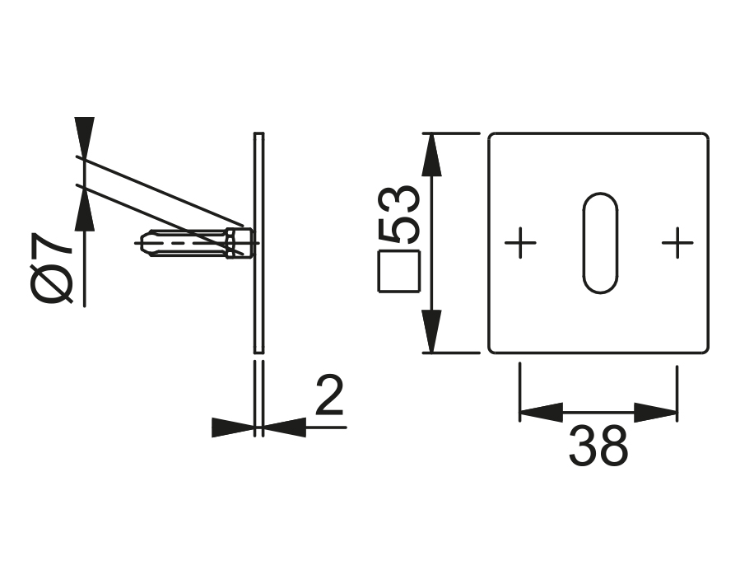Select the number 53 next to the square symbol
[x=402, y=215]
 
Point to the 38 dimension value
[x=598, y=447]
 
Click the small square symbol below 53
[x=399, y=271]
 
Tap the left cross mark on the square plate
[x=520, y=243]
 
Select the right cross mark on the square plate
[x=677, y=243]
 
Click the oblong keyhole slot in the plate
[x=599, y=243]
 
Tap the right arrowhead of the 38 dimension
[x=656, y=412]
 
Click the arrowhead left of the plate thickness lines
[x=232, y=427]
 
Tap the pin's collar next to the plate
[x=239, y=243]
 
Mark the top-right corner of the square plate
[x=706, y=135]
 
